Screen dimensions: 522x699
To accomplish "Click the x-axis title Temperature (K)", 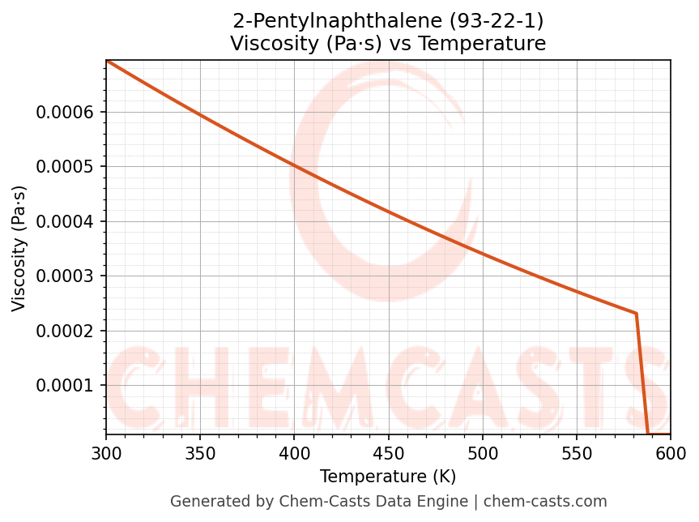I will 388,477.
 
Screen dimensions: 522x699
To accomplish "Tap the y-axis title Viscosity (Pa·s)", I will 20,248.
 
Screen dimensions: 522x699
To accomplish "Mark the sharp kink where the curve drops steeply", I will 637,314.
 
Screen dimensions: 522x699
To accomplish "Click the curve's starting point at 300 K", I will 107,61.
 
